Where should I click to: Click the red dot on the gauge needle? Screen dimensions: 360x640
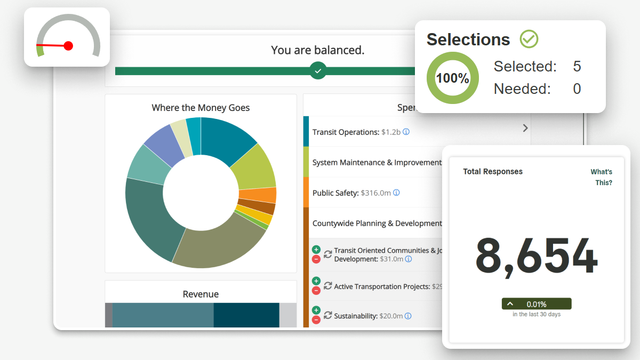[x=68, y=46]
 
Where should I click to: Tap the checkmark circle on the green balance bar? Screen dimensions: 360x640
[x=318, y=71]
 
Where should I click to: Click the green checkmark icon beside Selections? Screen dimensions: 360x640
[x=529, y=39]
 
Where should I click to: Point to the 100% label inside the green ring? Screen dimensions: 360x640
[x=452, y=78]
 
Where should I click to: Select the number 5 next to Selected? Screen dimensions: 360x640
[x=577, y=67]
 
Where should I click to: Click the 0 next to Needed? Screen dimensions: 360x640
[x=577, y=89]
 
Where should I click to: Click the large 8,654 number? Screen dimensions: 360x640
[x=536, y=257]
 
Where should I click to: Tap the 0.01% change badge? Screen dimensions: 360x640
[x=536, y=304]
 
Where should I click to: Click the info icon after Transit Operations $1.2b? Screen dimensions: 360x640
[x=406, y=132]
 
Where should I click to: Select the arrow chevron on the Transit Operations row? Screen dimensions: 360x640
[x=525, y=128]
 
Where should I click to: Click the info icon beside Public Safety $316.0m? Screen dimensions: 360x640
[x=396, y=193]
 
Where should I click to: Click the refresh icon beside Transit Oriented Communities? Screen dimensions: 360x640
[x=327, y=254]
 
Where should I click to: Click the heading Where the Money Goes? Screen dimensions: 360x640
[x=201, y=108]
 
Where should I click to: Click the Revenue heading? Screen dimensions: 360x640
[x=201, y=294]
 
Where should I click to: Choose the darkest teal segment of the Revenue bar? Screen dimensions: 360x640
[x=246, y=315]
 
